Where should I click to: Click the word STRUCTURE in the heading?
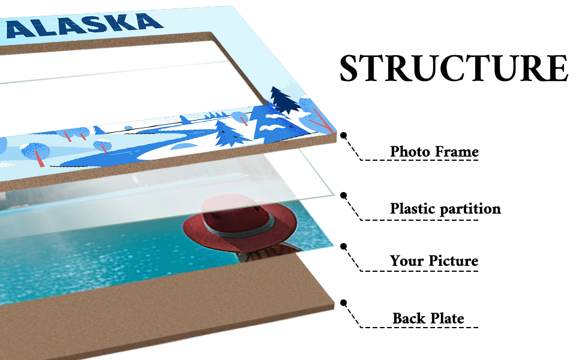(x=453, y=69)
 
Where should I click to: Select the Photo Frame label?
(x=434, y=152)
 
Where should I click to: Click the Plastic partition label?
(x=445, y=209)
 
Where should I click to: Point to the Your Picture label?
(x=434, y=261)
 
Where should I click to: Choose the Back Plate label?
(x=428, y=318)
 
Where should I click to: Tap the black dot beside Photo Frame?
(x=344, y=136)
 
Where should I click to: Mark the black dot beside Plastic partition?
(x=344, y=195)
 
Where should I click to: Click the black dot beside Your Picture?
(x=344, y=246)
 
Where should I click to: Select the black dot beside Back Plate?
(x=344, y=303)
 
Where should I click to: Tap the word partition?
(x=470, y=209)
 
